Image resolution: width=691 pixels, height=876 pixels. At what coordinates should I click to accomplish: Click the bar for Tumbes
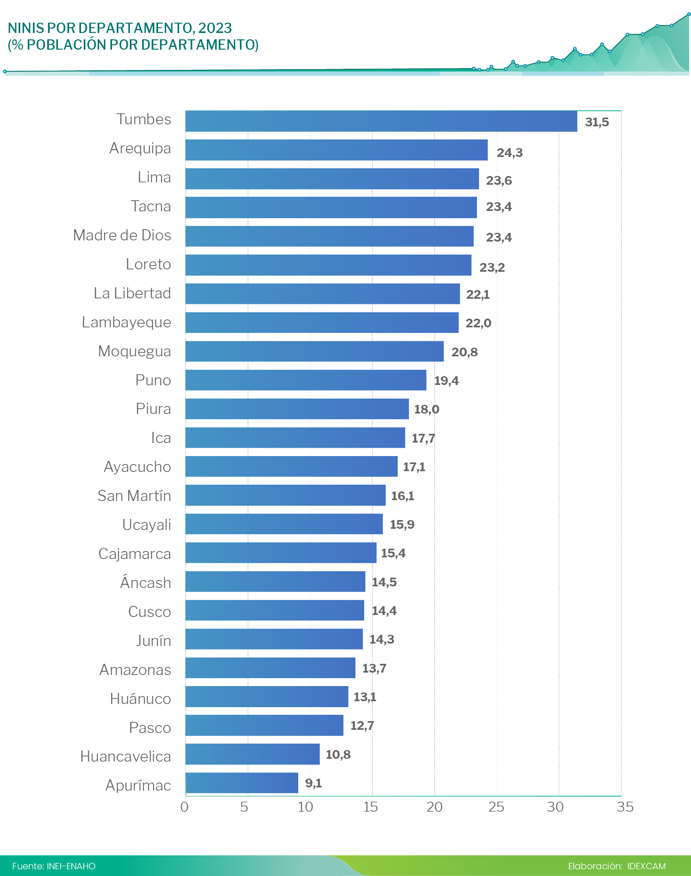tap(381, 121)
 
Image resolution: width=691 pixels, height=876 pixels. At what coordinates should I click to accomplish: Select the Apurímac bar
tap(241, 783)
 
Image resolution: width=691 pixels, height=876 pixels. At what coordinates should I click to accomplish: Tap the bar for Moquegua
tap(315, 351)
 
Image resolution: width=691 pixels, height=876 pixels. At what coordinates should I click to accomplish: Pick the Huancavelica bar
tap(253, 754)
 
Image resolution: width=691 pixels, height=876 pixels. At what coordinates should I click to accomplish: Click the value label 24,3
tap(510, 153)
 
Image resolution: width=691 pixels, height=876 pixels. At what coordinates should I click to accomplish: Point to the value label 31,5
tap(596, 122)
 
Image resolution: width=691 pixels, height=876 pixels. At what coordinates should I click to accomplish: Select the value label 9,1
tap(313, 783)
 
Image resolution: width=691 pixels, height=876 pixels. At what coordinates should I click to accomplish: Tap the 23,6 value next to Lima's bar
tap(498, 180)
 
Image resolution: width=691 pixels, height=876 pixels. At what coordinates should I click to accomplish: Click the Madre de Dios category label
tap(122, 235)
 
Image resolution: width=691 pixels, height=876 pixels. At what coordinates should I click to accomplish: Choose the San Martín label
tap(134, 496)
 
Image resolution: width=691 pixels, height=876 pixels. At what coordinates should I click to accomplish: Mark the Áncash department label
tap(145, 582)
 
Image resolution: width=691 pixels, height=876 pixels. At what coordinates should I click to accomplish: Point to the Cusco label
tap(149, 611)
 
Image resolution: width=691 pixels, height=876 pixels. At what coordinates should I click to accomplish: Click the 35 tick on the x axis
tap(625, 807)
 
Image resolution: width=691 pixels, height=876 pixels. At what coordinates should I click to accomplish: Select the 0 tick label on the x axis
tap(185, 807)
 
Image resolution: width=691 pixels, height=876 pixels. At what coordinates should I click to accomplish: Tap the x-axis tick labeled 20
tap(434, 807)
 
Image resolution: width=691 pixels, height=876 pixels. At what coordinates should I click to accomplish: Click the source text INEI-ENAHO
tap(71, 866)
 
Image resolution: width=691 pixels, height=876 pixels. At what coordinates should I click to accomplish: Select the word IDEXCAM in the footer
tap(646, 866)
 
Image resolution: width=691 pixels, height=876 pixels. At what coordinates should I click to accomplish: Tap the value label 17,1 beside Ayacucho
tap(414, 467)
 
